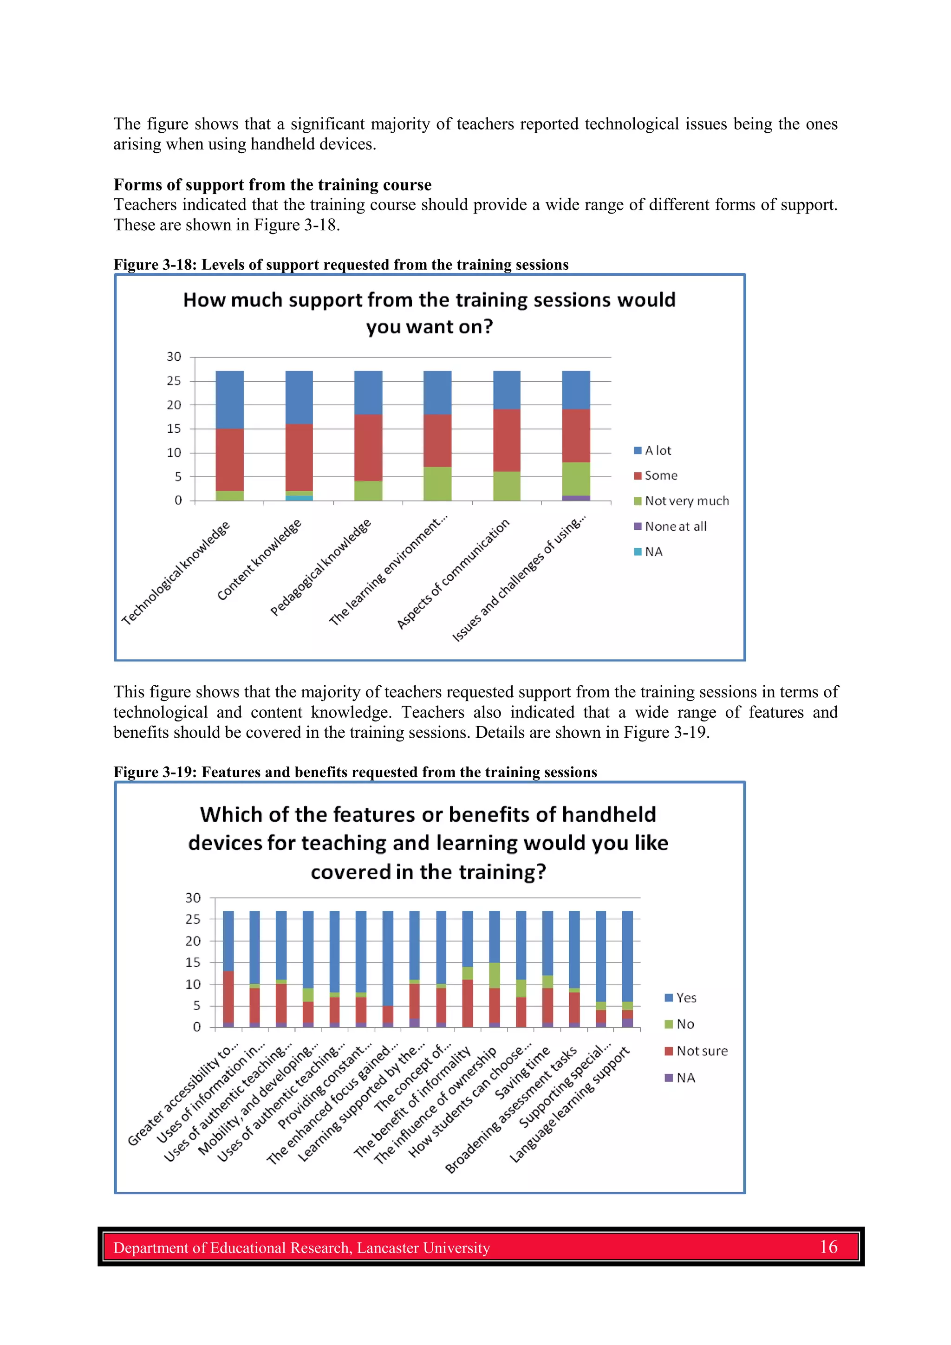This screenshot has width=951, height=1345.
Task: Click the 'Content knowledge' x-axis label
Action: pos(260,559)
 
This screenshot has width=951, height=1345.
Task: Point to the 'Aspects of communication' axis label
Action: pos(454,574)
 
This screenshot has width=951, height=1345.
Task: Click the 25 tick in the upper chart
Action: pos(174,381)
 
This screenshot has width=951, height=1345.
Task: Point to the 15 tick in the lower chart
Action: pos(193,962)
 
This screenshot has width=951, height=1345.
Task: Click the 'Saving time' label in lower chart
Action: pos(523,1073)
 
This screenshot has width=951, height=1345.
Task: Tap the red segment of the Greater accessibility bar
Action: pos(228,996)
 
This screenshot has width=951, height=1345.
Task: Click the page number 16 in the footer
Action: pos(828,1247)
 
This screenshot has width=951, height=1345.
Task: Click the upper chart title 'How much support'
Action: pos(429,300)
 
